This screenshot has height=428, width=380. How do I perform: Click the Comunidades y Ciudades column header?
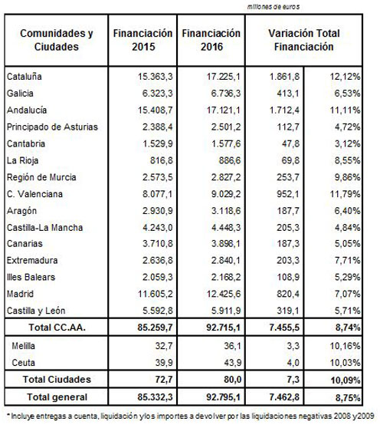[x=57, y=40]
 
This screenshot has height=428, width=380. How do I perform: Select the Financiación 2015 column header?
[x=142, y=40]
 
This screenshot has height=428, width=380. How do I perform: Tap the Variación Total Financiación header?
[x=304, y=40]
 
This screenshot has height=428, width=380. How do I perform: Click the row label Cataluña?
[x=25, y=77]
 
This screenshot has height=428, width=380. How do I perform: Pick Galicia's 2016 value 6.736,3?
[x=226, y=94]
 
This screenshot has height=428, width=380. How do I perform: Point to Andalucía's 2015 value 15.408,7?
[x=155, y=110]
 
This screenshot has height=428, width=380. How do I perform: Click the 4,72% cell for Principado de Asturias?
[x=347, y=127]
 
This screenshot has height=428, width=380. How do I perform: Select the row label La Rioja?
[x=22, y=160]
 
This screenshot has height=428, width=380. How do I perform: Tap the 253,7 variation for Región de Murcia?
[x=288, y=177]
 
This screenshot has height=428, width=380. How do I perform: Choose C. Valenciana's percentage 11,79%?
[x=345, y=194]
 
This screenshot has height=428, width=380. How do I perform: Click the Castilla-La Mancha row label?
[x=44, y=228]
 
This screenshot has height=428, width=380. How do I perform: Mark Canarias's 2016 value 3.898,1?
[x=226, y=243]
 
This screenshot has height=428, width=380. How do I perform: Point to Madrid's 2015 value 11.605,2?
[x=155, y=294]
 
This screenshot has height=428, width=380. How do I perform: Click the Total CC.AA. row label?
[x=57, y=328]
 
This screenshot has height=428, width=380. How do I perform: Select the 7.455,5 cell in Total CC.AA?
[x=284, y=328]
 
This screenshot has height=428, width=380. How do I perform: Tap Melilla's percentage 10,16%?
[x=345, y=346]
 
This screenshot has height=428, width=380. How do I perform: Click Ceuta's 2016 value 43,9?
[x=232, y=363]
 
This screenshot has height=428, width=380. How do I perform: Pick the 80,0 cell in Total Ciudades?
[x=232, y=380]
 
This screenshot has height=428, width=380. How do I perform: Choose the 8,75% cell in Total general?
[x=348, y=397]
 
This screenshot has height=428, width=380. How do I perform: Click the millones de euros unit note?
[x=274, y=7]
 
